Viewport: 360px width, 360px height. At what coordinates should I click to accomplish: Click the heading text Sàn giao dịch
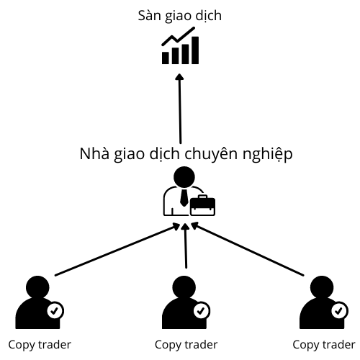[179, 17]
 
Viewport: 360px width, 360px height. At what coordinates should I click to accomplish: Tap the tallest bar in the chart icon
[195, 50]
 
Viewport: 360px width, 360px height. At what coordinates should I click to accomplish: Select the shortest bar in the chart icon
[166, 58]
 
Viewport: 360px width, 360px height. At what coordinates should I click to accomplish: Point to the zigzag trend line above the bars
[178, 36]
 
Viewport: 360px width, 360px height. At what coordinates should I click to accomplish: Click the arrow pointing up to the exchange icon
[180, 109]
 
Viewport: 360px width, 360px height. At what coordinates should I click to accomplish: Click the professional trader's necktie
[184, 197]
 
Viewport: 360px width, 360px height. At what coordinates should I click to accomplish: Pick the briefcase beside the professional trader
[202, 205]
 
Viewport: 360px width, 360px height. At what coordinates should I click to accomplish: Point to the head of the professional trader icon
[184, 177]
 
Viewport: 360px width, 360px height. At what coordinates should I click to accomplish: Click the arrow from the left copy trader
[117, 250]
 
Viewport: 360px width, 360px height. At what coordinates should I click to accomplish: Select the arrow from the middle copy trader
[186, 246]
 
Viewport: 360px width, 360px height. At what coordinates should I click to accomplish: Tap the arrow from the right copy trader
[247, 249]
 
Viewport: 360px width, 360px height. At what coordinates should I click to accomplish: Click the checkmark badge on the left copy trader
[55, 311]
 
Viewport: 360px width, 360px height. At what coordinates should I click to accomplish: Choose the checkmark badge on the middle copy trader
[202, 311]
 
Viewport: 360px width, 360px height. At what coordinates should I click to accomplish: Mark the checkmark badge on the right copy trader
[339, 311]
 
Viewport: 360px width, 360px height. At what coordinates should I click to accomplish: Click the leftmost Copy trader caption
[40, 346]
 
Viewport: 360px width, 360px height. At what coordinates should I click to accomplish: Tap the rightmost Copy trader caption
[324, 346]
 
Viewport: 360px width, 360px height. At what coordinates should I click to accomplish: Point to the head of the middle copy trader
[184, 287]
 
